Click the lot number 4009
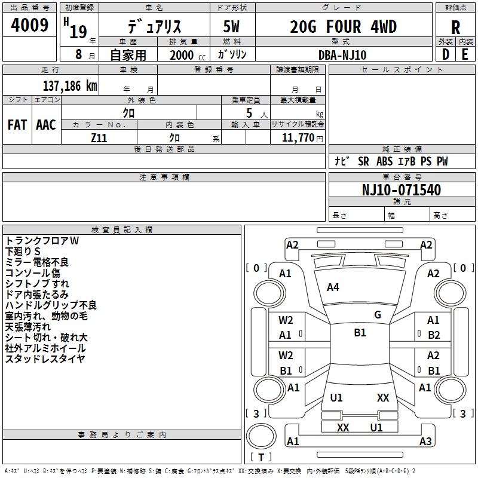pos(30,25)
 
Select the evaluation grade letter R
pos(456,27)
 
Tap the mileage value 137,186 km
pos(70,86)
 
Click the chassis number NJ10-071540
pos(402,190)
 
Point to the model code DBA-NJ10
pos(342,54)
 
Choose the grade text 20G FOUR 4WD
pos(343,27)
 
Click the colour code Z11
pos(99,137)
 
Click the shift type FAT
pos(17,124)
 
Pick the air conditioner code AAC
pos(45,124)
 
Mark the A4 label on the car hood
pos(333,287)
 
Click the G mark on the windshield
pos(378,315)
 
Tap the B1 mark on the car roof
pos(360,333)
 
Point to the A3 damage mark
pos(425,442)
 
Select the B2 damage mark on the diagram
pos(434,335)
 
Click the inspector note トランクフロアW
pos(42,241)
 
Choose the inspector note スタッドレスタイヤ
pos(45,359)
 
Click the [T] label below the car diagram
pos(261,458)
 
